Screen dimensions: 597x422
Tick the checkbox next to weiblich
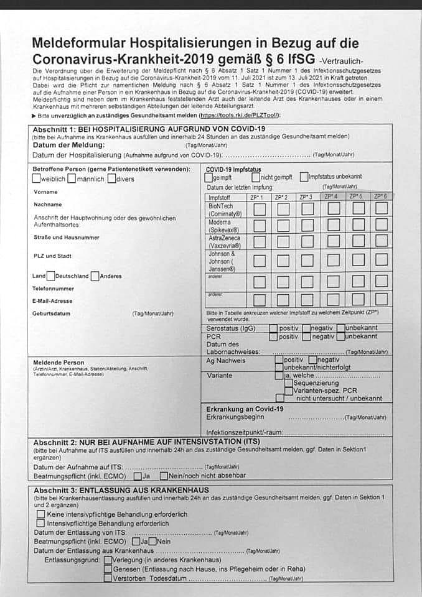37,179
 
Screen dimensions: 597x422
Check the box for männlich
72,179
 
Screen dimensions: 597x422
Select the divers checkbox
111,179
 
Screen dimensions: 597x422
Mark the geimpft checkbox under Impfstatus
209,177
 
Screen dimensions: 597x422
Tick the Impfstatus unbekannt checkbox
304,177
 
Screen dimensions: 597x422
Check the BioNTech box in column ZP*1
259,210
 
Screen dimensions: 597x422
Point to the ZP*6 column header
380,197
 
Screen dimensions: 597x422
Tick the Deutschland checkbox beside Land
51,276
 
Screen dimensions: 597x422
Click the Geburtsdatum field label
52,313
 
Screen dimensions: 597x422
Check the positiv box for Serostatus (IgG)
273,328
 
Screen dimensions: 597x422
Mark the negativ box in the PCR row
306,336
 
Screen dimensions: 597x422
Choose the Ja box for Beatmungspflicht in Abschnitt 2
138,476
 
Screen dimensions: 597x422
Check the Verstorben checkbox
108,578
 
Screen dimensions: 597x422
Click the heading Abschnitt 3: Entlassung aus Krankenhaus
121,489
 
